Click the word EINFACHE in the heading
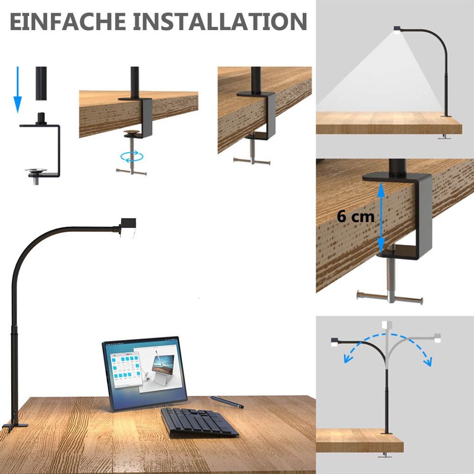[68, 21]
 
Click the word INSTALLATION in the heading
[220, 21]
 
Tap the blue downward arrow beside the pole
[18, 89]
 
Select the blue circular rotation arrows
[132, 156]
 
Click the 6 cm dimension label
[355, 217]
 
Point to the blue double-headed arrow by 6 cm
[381, 218]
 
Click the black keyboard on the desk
[199, 422]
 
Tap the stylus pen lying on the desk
[227, 402]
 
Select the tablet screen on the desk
[144, 374]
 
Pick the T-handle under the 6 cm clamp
[390, 298]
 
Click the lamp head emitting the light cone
[397, 28]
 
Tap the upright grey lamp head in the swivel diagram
[387, 324]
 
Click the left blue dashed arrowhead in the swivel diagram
[348, 359]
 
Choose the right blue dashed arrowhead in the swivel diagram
[428, 362]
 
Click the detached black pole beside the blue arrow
[41, 83]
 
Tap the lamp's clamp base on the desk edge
[14, 423]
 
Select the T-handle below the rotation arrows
[131, 172]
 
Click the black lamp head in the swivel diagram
[334, 342]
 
